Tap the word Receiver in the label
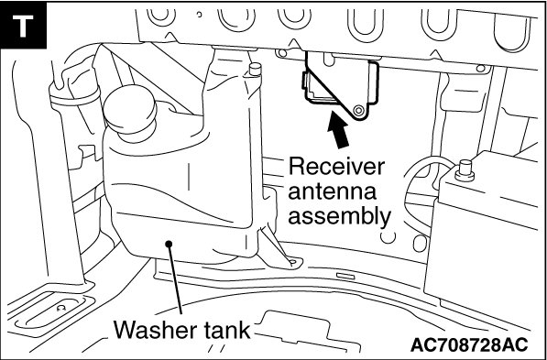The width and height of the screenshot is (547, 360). click(336, 167)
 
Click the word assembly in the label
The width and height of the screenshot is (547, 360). click(339, 217)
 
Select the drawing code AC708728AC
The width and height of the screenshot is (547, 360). click(469, 345)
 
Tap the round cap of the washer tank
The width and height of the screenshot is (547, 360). click(130, 109)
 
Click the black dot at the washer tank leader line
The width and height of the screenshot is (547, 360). click(169, 244)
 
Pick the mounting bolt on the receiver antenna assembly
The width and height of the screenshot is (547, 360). click(357, 111)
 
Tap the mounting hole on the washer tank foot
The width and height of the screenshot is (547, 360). click(292, 261)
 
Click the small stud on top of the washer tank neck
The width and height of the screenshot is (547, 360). click(256, 69)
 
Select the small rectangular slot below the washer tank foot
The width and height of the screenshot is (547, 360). click(345, 277)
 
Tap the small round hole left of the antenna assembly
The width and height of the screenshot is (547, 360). click(282, 53)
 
